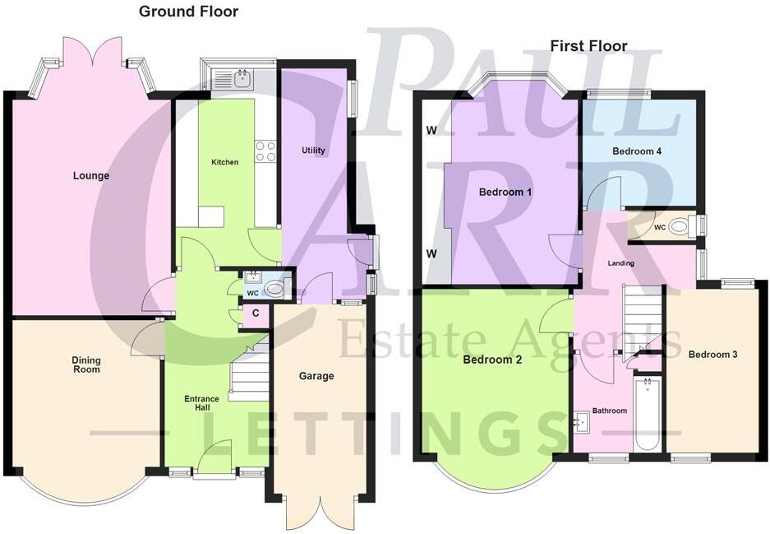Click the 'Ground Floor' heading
189,12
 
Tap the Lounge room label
91,175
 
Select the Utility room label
313,151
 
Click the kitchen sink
242,79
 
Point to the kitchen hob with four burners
265,151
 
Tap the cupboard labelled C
256,313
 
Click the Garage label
316,376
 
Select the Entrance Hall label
201,404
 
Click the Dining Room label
86,365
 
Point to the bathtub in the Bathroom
648,414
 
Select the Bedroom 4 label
637,151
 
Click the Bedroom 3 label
712,355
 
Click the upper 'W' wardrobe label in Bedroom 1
431,131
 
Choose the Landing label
619,263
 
